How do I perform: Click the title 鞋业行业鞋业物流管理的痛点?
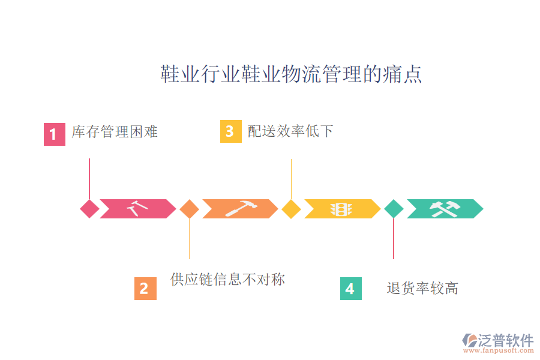click(291, 74)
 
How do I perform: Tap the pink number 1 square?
click(54, 134)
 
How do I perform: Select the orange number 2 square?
click(145, 289)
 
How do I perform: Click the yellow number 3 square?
click(230, 131)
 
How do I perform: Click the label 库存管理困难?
click(115, 131)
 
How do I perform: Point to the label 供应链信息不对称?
click(227, 279)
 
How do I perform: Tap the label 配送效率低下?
click(290, 131)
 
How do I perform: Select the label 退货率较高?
click(422, 288)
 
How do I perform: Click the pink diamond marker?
click(89, 209)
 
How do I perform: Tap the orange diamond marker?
click(189, 209)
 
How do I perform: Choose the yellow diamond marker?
click(291, 209)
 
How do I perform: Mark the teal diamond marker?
click(394, 209)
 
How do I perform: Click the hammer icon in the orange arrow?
click(241, 208)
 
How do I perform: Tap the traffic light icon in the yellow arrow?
click(343, 209)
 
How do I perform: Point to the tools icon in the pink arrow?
click(138, 208)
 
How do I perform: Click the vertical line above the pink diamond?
click(89, 179)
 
